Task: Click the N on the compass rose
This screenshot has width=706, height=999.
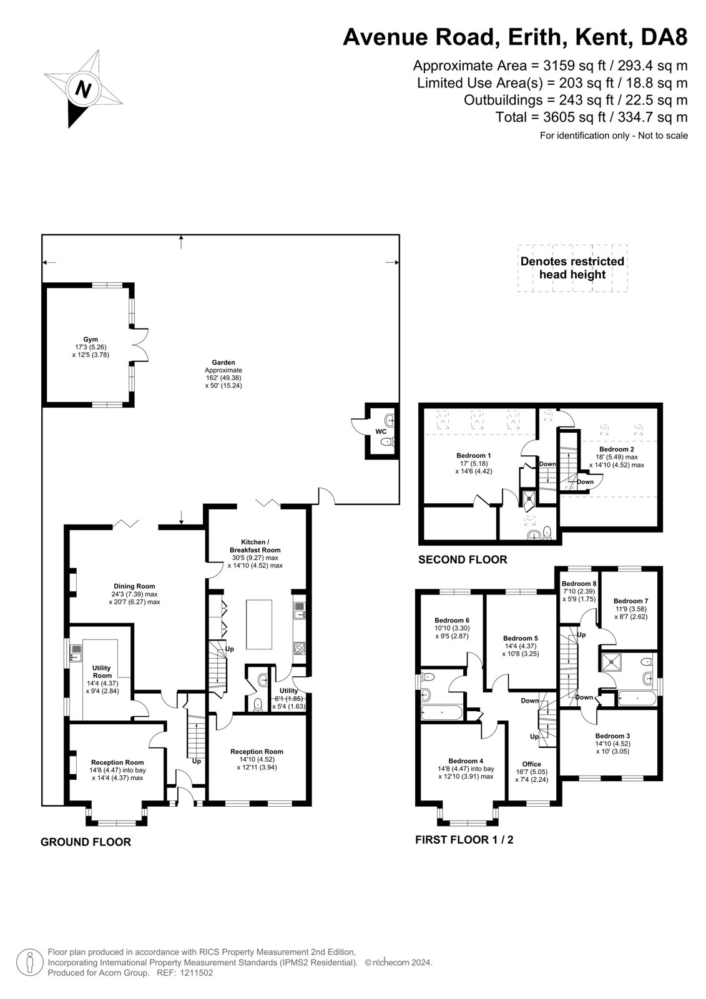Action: click(82, 89)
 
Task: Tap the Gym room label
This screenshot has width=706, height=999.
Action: click(91, 340)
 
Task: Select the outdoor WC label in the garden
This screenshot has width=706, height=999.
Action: click(381, 431)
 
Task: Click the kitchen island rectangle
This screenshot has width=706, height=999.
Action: click(259, 624)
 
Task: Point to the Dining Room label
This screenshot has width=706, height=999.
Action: click(134, 586)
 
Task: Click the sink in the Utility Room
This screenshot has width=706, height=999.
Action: click(76, 653)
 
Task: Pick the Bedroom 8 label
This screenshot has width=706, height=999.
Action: click(579, 583)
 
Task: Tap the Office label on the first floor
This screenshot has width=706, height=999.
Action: click(532, 764)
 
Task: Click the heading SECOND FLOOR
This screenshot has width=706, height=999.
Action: click(463, 559)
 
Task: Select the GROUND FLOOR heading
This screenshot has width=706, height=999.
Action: click(86, 842)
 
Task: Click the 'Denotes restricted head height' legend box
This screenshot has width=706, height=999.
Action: click(572, 268)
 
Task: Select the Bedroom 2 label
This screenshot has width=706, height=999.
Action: click(616, 449)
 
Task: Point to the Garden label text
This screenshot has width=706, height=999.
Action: click(223, 363)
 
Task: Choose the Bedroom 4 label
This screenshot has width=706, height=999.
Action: click(466, 761)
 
